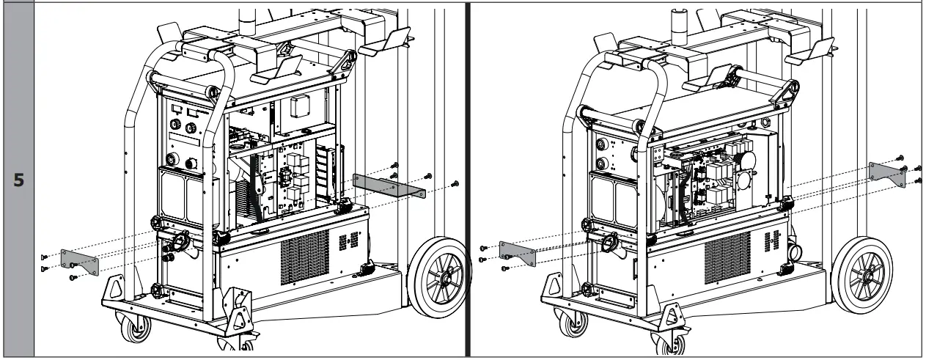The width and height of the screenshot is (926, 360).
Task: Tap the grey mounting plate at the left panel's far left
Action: click(79, 261)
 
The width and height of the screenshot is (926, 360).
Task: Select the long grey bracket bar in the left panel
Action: click(389, 185)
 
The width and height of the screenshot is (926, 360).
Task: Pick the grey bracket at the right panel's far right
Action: click(883, 172)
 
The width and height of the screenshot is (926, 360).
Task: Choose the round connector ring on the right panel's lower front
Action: click(608, 243)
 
